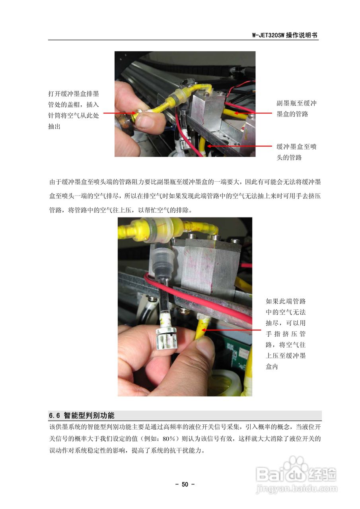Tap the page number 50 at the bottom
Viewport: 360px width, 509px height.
185,484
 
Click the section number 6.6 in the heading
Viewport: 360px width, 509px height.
54,416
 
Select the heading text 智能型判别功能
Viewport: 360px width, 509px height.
89,416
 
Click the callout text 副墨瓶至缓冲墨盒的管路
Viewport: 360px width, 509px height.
296,109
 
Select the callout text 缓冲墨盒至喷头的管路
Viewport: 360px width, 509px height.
296,152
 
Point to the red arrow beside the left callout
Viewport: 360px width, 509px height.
120,113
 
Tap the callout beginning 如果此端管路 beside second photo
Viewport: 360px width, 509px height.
286,334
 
